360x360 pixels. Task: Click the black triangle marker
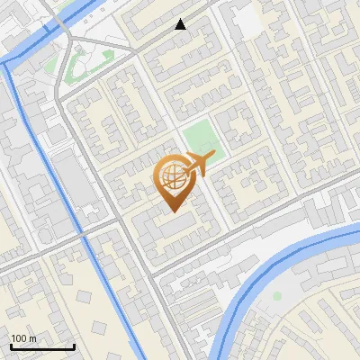click(181, 24)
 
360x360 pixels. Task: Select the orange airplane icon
click(199, 164)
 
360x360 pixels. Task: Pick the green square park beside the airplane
click(201, 138)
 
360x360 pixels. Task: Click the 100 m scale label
click(23, 338)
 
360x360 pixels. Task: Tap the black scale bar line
click(42, 346)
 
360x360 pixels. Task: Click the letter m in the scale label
click(32, 338)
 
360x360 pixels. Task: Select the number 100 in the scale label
click(19, 338)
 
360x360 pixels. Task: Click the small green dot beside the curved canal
click(277, 295)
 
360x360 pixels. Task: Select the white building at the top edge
click(244, 16)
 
